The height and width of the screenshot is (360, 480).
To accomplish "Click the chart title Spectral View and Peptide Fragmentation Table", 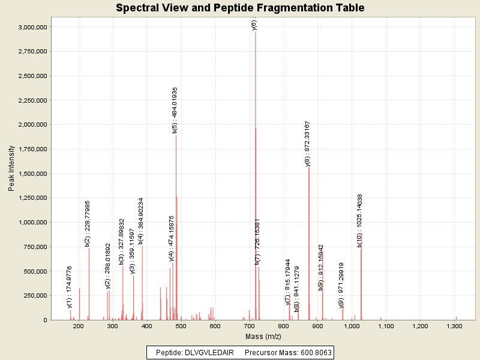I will [x=240, y=8].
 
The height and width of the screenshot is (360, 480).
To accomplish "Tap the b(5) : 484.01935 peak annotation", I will [x=175, y=109].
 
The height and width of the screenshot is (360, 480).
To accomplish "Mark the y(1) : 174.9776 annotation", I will [x=70, y=287].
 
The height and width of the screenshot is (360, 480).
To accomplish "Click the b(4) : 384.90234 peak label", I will [x=141, y=221].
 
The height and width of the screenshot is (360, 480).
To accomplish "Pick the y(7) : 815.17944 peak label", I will [x=288, y=281].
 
